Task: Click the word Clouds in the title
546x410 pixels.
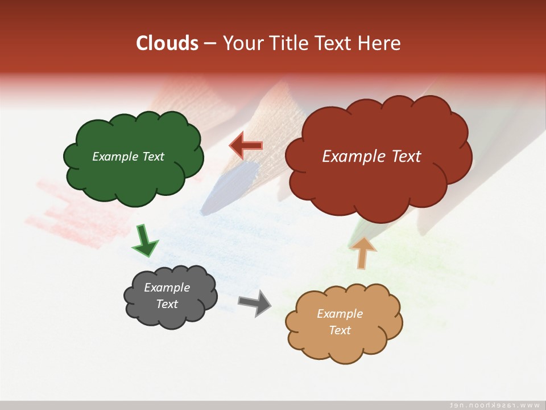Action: (x=167, y=43)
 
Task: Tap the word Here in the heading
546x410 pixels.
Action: (x=379, y=43)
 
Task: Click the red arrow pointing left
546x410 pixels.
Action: (x=246, y=146)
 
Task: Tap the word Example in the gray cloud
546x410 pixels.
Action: (x=167, y=288)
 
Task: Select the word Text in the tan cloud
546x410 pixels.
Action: (x=340, y=330)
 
